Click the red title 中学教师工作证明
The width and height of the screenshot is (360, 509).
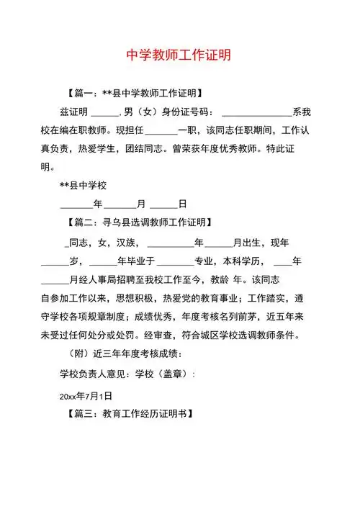[x=179, y=55]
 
